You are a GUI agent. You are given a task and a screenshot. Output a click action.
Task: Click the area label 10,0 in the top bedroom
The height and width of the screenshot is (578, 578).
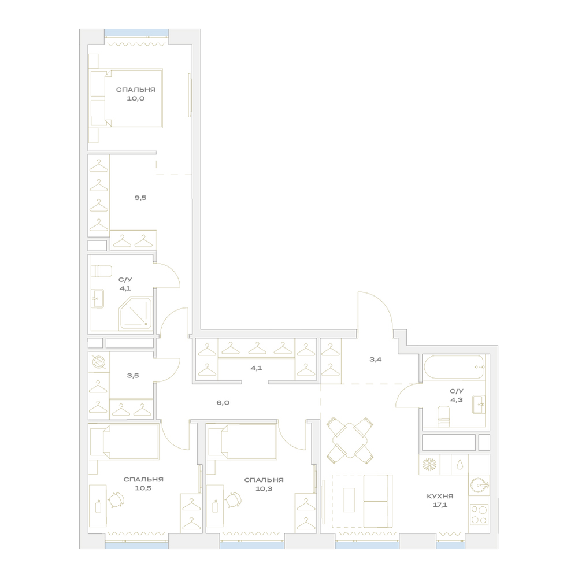pyautogui.click(x=136, y=98)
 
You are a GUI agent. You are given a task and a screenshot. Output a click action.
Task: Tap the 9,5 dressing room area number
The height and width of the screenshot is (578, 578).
pyautogui.click(x=140, y=198)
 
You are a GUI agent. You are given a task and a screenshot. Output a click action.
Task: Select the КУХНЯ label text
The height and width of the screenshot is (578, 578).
pyautogui.click(x=440, y=496)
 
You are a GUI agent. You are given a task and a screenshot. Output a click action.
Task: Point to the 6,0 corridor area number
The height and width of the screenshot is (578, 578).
pyautogui.click(x=223, y=402)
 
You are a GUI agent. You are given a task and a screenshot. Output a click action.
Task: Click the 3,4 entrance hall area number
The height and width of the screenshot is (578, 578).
pyautogui.click(x=375, y=359)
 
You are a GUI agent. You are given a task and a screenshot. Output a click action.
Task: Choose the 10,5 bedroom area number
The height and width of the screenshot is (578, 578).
pyautogui.click(x=143, y=488)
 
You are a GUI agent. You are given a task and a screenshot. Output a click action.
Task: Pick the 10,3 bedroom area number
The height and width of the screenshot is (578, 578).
pyautogui.click(x=264, y=489)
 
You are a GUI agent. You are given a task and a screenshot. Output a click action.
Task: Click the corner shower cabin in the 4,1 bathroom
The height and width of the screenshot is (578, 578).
pyautogui.click(x=135, y=313)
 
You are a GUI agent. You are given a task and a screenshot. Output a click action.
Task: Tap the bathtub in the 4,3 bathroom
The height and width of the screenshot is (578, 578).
pyautogui.click(x=453, y=367)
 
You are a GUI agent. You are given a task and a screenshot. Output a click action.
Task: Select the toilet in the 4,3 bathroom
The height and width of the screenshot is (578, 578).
pyautogui.click(x=443, y=417)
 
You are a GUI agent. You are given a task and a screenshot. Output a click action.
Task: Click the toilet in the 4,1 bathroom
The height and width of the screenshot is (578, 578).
pyautogui.click(x=101, y=271)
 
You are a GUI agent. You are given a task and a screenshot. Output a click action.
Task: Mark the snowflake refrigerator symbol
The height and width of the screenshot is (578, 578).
pyautogui.click(x=429, y=465)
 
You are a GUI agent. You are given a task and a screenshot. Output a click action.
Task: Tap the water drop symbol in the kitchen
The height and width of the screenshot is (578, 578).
pyautogui.click(x=460, y=465)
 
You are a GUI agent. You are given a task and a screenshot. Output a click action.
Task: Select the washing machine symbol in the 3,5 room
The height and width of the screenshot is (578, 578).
pyautogui.click(x=98, y=362)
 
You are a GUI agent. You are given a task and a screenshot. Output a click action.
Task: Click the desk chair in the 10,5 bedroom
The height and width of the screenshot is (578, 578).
pyautogui.click(x=116, y=500)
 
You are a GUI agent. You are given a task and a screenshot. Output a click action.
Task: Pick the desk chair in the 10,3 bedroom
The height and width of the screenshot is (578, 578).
pyautogui.click(x=233, y=500)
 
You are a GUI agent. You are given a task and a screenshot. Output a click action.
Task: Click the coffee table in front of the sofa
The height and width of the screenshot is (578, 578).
pyautogui.click(x=349, y=500)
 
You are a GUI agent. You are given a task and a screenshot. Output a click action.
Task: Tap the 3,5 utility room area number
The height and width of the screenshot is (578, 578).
pyautogui.click(x=133, y=376)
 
